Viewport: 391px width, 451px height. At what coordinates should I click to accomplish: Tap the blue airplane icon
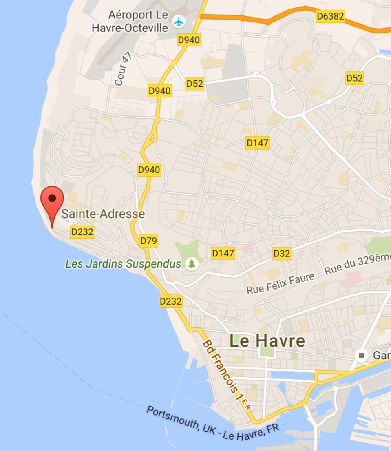pyautogui.click(x=179, y=21)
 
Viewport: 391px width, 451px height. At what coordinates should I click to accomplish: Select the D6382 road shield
pyautogui.click(x=330, y=16)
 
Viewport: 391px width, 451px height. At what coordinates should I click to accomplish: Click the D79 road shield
pyautogui.click(x=149, y=241)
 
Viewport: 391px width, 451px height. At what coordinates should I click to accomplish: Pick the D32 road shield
pyautogui.click(x=282, y=254)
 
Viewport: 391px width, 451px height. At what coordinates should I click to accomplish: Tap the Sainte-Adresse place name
pyautogui.click(x=103, y=214)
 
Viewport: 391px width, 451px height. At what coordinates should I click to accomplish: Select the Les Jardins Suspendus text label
pyautogui.click(x=123, y=264)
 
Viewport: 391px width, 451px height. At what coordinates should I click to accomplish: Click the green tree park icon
pyautogui.click(x=191, y=264)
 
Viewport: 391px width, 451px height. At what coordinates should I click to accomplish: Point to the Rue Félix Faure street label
pyautogui.click(x=281, y=283)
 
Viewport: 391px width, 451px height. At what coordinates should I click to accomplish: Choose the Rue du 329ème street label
pyautogui.click(x=357, y=265)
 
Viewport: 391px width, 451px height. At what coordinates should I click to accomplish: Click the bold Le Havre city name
pyautogui.click(x=267, y=341)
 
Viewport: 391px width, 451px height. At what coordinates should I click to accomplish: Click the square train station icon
pyautogui.click(x=361, y=356)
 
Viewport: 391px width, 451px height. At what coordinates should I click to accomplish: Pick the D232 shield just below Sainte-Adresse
pyautogui.click(x=82, y=232)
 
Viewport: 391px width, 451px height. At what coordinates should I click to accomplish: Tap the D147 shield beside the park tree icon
pyautogui.click(x=223, y=253)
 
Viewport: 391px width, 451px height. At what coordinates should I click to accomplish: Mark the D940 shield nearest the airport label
pyautogui.click(x=189, y=40)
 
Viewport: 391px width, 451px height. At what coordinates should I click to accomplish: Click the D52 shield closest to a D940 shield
pyautogui.click(x=194, y=84)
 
